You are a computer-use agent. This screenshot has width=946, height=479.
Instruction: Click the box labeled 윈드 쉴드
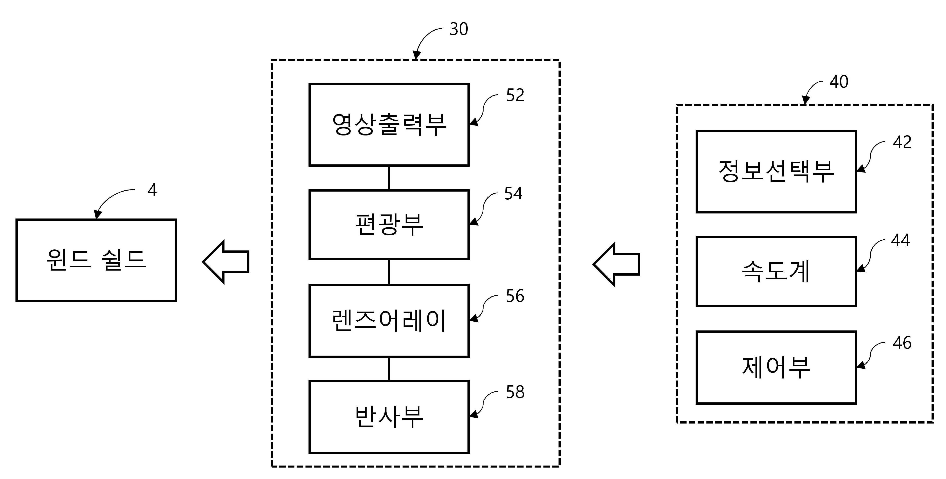pyautogui.click(x=96, y=261)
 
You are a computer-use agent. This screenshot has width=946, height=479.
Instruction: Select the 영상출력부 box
pyautogui.click(x=389, y=125)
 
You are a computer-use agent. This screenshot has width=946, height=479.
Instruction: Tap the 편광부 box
pyautogui.click(x=389, y=225)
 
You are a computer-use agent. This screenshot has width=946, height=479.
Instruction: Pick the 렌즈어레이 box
pyautogui.click(x=389, y=321)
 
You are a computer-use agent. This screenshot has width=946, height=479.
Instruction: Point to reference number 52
pyautogui.click(x=515, y=95)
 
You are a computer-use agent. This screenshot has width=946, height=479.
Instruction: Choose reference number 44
pyautogui.click(x=900, y=240)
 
